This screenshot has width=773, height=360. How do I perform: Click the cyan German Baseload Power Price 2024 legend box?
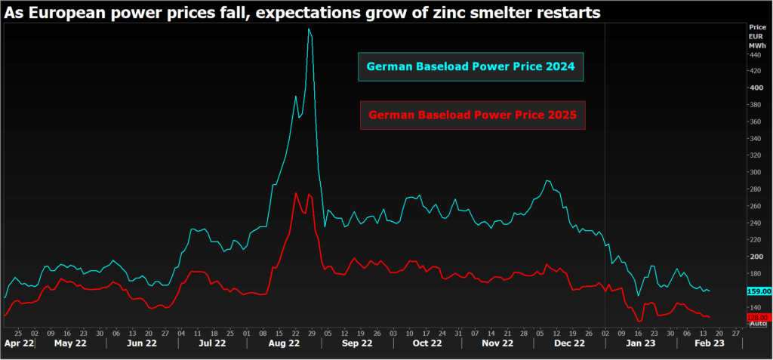[x=471, y=66]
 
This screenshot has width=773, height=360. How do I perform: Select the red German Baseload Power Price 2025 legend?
[x=472, y=115]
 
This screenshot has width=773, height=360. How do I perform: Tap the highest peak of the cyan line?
[x=310, y=29]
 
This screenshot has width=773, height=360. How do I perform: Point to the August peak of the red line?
[x=295, y=193]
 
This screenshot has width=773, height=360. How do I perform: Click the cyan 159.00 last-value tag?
[x=757, y=291]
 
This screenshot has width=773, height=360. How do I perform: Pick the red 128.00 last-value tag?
[x=757, y=317]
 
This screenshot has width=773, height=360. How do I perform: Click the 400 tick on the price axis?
[x=753, y=88]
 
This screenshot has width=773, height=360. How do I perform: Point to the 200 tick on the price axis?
[x=753, y=257]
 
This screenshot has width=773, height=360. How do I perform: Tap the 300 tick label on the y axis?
[x=753, y=172]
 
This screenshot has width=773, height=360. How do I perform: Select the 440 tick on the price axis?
[x=753, y=54]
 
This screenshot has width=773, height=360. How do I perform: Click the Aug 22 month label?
[x=284, y=343]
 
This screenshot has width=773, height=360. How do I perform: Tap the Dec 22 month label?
[x=568, y=343]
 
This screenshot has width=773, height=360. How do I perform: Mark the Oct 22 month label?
[x=427, y=343]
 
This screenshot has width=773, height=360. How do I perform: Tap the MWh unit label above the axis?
[x=756, y=45]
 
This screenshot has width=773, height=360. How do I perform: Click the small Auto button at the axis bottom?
[x=757, y=324]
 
